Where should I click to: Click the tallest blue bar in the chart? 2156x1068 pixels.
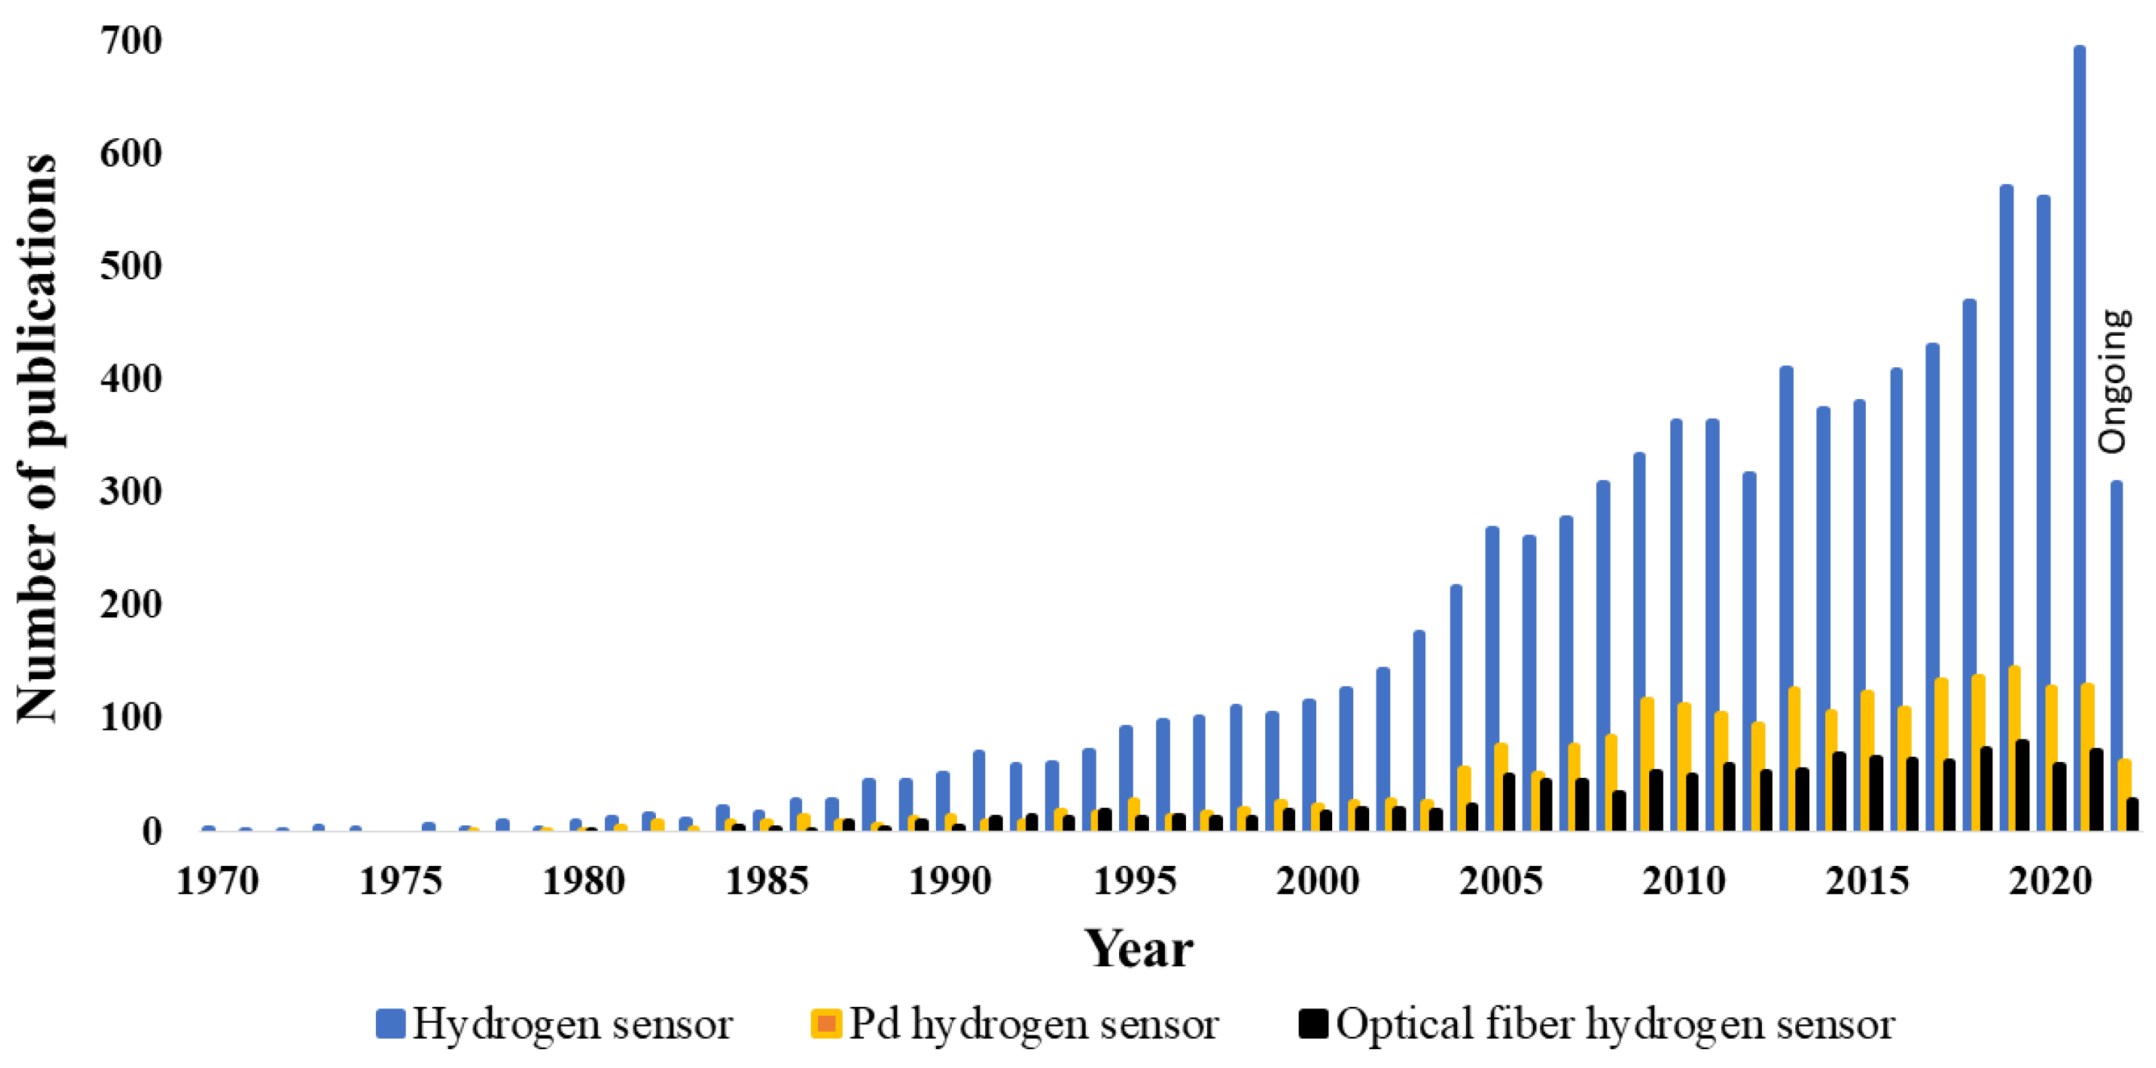[2078, 435]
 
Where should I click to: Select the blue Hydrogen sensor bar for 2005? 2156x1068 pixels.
[1491, 678]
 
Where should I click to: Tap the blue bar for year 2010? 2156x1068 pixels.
[1675, 624]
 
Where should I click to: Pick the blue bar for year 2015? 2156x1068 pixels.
[1859, 615]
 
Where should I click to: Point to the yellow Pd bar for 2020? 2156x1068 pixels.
[2051, 758]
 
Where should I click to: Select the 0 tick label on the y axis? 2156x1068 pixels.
[151, 831]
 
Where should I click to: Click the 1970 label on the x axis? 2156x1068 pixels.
[217, 880]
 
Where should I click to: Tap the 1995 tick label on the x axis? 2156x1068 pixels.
[1134, 880]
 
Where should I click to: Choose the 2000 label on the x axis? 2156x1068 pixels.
[1318, 880]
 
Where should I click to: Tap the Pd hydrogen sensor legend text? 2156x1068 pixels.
[1033, 1023]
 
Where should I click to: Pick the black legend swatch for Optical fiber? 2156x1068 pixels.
[1313, 1023]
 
